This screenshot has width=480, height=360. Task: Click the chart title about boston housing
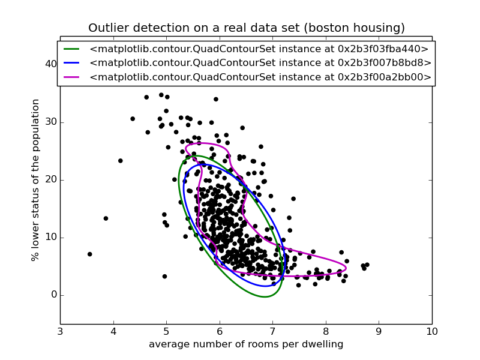tap(246, 28)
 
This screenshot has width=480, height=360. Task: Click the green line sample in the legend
tap(71, 49)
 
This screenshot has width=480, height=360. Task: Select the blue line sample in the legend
tap(71, 63)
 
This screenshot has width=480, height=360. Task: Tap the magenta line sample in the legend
tap(71, 77)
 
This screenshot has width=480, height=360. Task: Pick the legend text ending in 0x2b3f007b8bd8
tap(260, 63)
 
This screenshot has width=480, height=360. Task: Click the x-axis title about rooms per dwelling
tap(246, 344)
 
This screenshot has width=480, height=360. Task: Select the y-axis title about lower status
tap(36, 180)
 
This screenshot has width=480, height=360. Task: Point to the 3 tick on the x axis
tap(60, 332)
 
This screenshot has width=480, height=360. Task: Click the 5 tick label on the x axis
tap(166, 332)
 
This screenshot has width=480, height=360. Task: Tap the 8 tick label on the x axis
tap(326, 332)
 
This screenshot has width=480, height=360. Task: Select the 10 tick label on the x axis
tap(431, 332)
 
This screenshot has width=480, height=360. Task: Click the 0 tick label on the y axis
tap(53, 295)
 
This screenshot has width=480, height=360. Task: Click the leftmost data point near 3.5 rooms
tap(89, 254)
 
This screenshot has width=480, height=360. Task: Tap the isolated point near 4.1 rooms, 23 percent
tap(120, 161)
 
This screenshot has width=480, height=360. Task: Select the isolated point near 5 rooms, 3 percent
tap(164, 277)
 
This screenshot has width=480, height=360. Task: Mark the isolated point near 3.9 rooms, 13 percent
tap(106, 218)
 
